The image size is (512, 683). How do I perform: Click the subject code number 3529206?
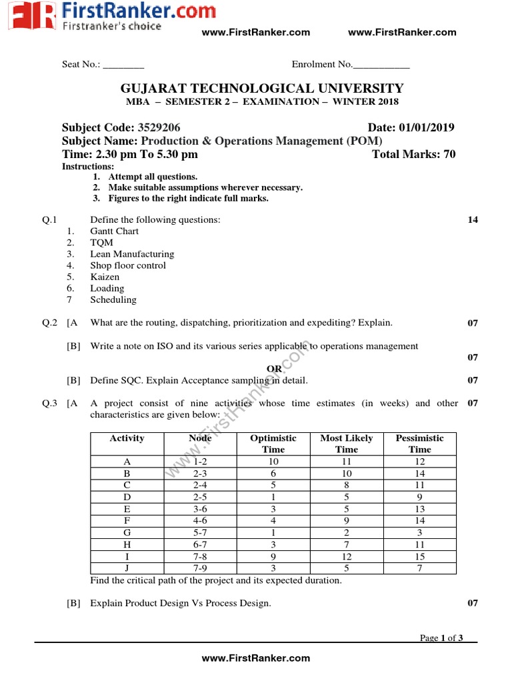pyautogui.click(x=159, y=128)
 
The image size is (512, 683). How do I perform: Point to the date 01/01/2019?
pyautogui.click(x=427, y=128)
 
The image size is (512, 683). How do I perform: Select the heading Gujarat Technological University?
pyautogui.click(x=261, y=89)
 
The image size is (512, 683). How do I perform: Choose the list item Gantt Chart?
pyautogui.click(x=115, y=231)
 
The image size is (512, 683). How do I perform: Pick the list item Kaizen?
pyautogui.click(x=105, y=277)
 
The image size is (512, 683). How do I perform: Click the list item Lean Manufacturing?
pyautogui.click(x=132, y=254)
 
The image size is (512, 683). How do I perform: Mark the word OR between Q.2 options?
pyautogui.click(x=274, y=369)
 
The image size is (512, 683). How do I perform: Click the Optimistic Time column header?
pyautogui.click(x=273, y=444)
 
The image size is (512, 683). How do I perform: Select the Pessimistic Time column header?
pyautogui.click(x=419, y=444)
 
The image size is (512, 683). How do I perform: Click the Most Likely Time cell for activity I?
pyautogui.click(x=346, y=556)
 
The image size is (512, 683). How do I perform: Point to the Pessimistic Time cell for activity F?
pyautogui.click(x=419, y=520)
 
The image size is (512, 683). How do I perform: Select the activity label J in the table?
pyautogui.click(x=127, y=568)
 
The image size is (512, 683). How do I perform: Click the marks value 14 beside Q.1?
pyautogui.click(x=473, y=220)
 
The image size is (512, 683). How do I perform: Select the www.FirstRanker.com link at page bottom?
pyautogui.click(x=256, y=658)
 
